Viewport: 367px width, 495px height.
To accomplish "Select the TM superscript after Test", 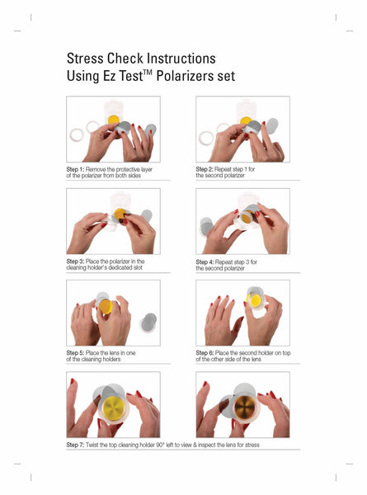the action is click(x=148, y=73).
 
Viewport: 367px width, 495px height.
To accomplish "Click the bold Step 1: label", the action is click(x=75, y=169).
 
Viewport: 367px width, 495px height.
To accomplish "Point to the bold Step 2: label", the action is click(x=205, y=169).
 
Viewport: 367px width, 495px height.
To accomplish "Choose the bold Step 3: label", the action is click(x=75, y=262).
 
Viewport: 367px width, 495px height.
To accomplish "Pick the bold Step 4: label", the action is click(x=205, y=262).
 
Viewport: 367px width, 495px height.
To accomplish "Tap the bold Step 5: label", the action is click(x=75, y=353).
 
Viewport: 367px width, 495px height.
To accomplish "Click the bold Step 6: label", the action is click(x=205, y=353).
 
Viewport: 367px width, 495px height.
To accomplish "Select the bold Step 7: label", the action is click(x=75, y=445).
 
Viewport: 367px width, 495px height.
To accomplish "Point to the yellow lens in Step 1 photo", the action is click(x=114, y=120).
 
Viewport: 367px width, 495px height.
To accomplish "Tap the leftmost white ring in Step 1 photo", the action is click(x=77, y=135).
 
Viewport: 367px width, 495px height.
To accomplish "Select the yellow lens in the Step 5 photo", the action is click(x=106, y=306).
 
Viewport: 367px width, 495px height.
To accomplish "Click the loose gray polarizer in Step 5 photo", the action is click(x=148, y=322).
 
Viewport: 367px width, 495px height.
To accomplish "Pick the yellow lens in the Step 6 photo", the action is click(x=256, y=300).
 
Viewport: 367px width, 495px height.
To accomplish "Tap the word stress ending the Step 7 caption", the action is click(x=252, y=445).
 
